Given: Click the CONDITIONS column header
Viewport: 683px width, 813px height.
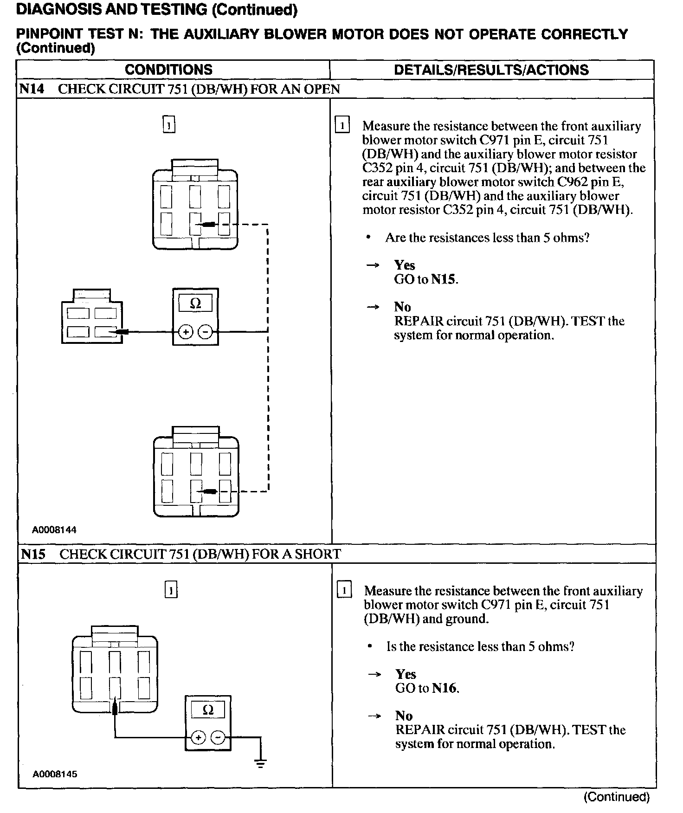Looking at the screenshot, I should pyautogui.click(x=168, y=70).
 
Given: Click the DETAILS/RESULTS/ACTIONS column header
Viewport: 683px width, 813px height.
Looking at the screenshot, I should pyautogui.click(x=491, y=70).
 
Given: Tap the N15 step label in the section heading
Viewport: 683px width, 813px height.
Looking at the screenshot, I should pyautogui.click(x=33, y=554).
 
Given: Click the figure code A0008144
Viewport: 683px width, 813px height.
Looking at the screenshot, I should pyautogui.click(x=54, y=529).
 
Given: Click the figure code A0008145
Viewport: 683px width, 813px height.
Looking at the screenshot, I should pyautogui.click(x=55, y=774).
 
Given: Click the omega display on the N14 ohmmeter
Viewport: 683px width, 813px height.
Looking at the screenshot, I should pyautogui.click(x=195, y=304).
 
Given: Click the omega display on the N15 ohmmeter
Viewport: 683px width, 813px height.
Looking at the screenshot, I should pyautogui.click(x=208, y=710).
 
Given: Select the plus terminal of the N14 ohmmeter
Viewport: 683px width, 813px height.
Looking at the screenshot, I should pyautogui.click(x=185, y=332).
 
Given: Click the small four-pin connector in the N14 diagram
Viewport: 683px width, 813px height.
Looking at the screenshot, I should pyautogui.click(x=92, y=318).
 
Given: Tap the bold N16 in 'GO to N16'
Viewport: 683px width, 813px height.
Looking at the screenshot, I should pyautogui.click(x=445, y=688).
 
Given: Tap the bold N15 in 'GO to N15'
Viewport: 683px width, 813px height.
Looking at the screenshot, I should pyautogui.click(x=444, y=279).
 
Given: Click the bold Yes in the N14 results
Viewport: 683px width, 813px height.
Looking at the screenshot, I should pyautogui.click(x=404, y=265).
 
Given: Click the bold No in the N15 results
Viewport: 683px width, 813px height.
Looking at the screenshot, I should pyautogui.click(x=404, y=716).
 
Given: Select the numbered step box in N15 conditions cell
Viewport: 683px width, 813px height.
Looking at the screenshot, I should pyautogui.click(x=171, y=590).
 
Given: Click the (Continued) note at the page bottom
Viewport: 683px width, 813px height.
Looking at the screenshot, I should pyautogui.click(x=616, y=797).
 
